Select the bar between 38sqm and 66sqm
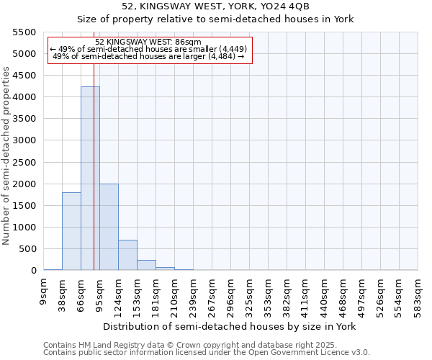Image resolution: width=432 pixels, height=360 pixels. [71, 232]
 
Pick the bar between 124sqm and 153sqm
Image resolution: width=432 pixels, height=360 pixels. [127, 255]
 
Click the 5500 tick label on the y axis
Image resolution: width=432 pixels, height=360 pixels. [24, 32]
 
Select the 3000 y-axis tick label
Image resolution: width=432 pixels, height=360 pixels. [24, 140]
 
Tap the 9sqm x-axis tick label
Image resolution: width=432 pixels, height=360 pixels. [44, 292]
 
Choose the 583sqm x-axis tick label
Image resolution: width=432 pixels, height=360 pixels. [418, 294]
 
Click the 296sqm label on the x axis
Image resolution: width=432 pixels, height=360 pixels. [231, 294]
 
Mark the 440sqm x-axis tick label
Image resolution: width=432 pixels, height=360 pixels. [325, 294]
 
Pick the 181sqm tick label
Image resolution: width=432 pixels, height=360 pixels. [156, 294]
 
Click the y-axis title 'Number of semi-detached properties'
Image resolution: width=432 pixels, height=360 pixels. [7, 156]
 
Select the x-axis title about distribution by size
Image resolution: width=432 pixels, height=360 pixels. [230, 326]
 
